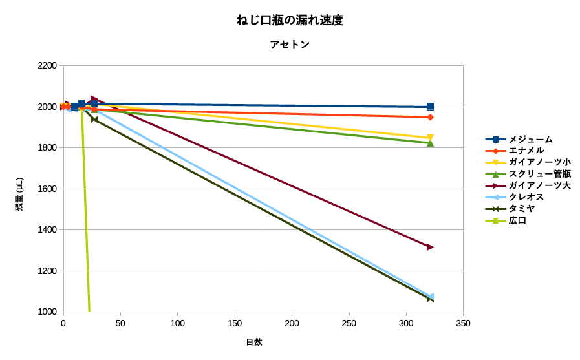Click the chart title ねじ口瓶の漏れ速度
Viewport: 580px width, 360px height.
(x=290, y=20)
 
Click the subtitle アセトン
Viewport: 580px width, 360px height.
(x=290, y=45)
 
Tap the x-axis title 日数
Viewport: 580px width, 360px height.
(x=253, y=342)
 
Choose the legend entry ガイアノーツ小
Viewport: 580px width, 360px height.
(x=539, y=162)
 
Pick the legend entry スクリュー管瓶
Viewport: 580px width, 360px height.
(x=539, y=174)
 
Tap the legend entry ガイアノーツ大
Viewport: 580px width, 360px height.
(x=539, y=185)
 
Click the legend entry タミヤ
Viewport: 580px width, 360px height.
(x=522, y=209)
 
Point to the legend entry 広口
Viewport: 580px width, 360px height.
(x=517, y=220)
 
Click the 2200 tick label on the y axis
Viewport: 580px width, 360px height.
(x=47, y=66)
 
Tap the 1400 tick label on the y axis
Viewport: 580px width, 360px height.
(x=47, y=230)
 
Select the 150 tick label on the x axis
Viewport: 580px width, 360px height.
(x=235, y=323)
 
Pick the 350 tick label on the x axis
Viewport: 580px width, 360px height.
(x=463, y=323)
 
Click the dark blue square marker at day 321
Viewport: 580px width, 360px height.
(x=430, y=107)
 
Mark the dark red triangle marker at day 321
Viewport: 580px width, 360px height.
(x=430, y=247)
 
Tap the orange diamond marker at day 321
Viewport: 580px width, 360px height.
(x=430, y=117)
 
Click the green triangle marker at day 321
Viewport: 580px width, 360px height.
(x=430, y=143)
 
